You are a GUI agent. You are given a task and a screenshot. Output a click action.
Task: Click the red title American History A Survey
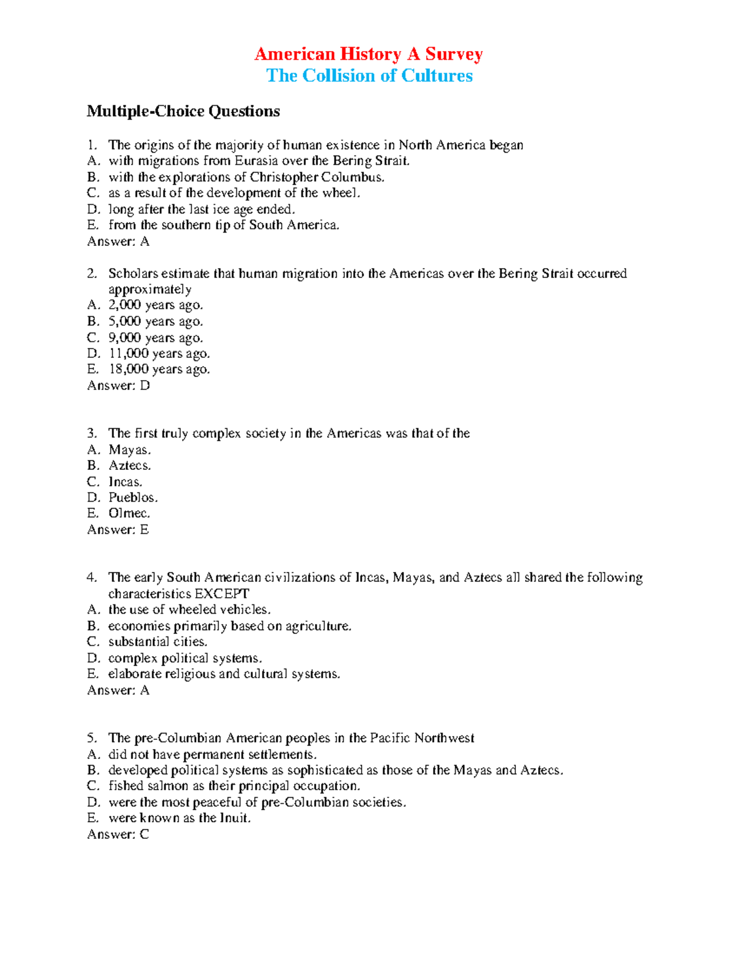[368, 54]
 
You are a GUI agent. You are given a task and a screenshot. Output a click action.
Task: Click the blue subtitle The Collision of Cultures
[369, 76]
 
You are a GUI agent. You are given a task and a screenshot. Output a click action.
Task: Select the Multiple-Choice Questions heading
[183, 111]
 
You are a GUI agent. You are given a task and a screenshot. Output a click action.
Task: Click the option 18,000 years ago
[159, 369]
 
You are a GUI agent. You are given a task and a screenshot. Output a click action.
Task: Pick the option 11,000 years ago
[159, 353]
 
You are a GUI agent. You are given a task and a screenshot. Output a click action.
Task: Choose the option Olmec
[129, 513]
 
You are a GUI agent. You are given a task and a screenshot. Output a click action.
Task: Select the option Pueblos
[133, 497]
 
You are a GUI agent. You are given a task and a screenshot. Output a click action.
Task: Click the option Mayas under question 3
[129, 450]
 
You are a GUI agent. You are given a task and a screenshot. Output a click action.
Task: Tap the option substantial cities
[157, 641]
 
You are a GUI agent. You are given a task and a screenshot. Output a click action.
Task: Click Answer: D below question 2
[118, 385]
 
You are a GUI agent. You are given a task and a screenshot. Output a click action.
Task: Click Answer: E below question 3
[118, 529]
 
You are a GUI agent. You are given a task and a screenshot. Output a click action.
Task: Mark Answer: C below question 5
[118, 834]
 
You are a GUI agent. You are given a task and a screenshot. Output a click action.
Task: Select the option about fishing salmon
[234, 786]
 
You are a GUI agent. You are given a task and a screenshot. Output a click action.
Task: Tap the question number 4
[92, 577]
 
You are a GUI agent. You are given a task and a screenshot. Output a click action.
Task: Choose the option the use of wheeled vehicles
[189, 609]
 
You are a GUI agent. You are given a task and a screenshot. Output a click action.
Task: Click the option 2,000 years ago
[155, 305]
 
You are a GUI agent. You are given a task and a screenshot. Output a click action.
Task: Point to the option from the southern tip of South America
[224, 225]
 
